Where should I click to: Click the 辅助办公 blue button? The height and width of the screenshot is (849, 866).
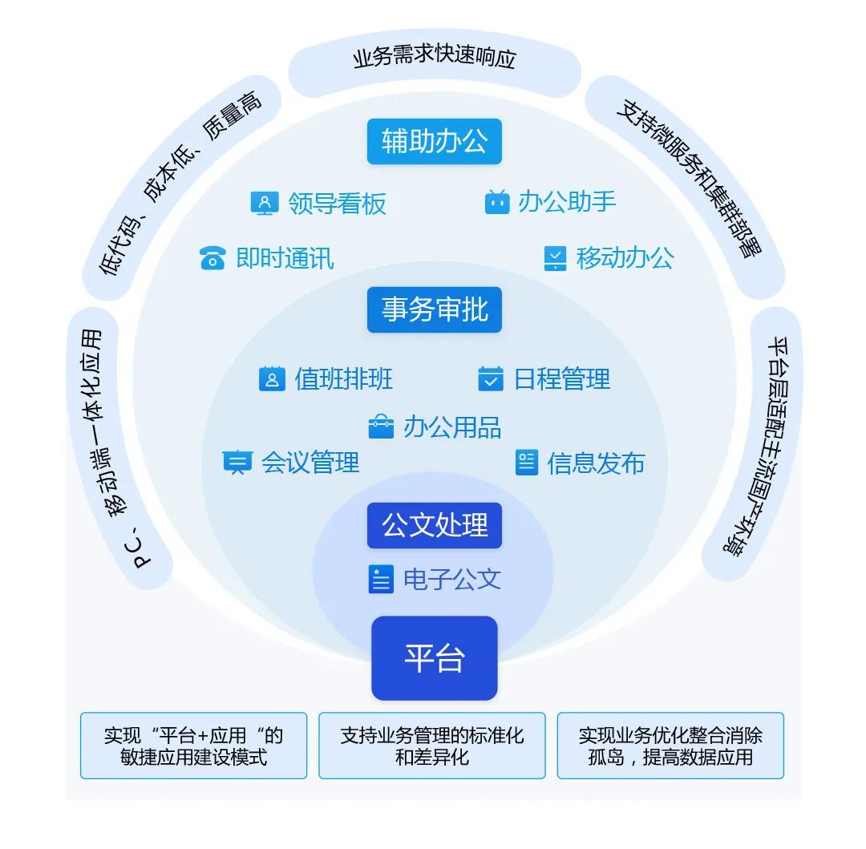pos(434,142)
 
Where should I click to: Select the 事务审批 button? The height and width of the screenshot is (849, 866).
pos(434,309)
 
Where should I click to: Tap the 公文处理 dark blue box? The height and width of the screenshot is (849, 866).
pos(434,526)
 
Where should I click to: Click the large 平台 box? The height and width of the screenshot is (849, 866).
pos(434,658)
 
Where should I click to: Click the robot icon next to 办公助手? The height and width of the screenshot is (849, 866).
pos(497,202)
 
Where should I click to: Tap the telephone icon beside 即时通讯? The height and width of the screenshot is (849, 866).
pos(212,259)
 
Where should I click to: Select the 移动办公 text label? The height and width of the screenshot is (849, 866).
pos(625,258)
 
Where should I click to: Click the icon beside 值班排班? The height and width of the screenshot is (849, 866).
pos(272,378)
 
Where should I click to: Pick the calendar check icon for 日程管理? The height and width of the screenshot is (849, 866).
pos(490,378)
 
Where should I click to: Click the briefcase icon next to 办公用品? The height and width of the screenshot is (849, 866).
pos(381,427)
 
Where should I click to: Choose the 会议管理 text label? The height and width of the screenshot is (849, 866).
pos(310,463)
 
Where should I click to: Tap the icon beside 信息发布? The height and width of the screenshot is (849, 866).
pos(526,463)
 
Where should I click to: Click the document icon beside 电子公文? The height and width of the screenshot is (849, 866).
pos(381,579)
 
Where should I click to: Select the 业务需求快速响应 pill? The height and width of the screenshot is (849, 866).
pos(434,59)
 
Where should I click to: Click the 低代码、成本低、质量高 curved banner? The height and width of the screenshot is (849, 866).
pos(181,188)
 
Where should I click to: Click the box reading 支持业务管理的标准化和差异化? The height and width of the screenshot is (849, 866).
pos(431,746)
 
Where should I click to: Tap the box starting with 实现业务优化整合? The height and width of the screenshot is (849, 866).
pos(670,746)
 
